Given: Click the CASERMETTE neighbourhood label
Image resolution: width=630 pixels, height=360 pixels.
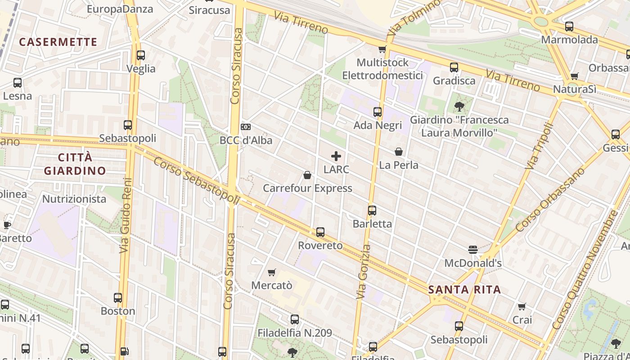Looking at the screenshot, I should tap(58, 42).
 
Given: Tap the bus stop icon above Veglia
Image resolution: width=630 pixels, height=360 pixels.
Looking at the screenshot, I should tap(141, 55).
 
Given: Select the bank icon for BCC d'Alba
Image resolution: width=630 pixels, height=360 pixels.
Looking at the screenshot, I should tap(246, 127).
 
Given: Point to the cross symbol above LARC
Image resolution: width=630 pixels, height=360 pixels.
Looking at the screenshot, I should tap(336, 156).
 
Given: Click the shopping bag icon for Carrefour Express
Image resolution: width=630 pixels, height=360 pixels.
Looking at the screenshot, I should tap(307, 175).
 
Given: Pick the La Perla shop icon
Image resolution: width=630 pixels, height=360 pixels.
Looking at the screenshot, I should tap(399, 152).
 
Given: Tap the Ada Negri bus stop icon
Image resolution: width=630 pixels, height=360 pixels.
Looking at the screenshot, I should tap(378, 112).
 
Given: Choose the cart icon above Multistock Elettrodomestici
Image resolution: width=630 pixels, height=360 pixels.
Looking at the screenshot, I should tap(382, 49).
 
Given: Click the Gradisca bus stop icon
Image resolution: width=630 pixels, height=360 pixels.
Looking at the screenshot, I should tap(454, 67).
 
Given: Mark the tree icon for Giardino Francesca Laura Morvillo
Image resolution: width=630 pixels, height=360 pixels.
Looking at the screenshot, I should tap(459, 107).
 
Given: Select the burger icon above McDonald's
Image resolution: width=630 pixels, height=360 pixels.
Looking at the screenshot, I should tap(473, 249).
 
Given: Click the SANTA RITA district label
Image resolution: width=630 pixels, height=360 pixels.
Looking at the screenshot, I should tap(465, 289).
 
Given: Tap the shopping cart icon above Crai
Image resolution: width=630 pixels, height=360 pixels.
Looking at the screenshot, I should tap(522, 306).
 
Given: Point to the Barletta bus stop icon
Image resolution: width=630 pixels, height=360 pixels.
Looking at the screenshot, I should tap(372, 210).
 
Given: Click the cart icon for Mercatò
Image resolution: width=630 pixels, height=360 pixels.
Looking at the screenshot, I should tap(272, 272).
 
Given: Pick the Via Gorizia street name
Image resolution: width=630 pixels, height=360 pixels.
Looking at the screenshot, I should tap(364, 272).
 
